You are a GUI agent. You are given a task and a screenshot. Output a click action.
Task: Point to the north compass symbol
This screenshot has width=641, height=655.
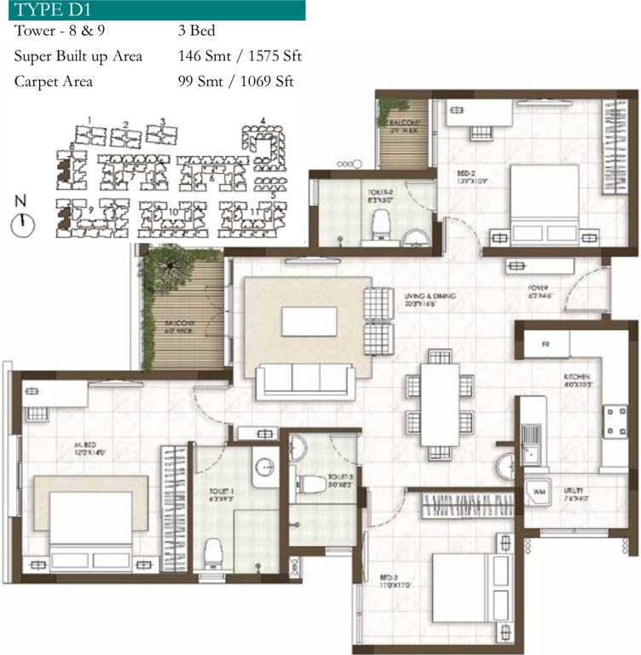click(23, 224)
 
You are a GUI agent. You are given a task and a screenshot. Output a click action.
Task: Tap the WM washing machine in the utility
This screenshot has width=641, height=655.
click(540, 492)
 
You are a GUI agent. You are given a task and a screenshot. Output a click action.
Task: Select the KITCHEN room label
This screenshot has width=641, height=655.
click(578, 380)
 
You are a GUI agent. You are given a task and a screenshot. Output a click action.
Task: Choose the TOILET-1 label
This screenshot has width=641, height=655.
click(220, 493)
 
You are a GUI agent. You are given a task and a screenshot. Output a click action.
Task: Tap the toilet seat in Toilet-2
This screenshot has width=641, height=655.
click(381, 225)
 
